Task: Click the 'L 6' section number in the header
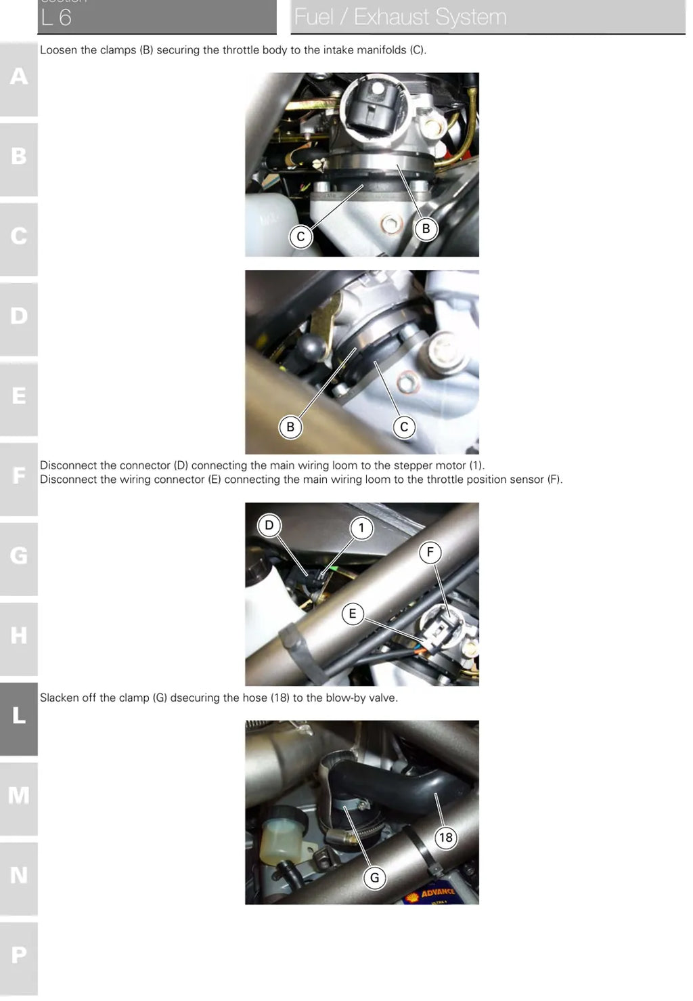point(56,18)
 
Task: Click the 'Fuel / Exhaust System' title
point(401,18)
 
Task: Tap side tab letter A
point(19,77)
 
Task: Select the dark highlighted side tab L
point(19,715)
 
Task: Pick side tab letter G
point(19,555)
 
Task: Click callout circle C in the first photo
point(301,236)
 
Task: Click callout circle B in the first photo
point(426,229)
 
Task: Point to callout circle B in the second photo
point(290,427)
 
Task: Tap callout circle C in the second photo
point(404,427)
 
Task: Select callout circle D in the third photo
point(269,525)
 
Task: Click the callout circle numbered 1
point(361,528)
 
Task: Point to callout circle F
point(430,553)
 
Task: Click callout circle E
point(353,614)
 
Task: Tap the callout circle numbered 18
point(445,837)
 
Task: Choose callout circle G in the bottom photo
point(375,878)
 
